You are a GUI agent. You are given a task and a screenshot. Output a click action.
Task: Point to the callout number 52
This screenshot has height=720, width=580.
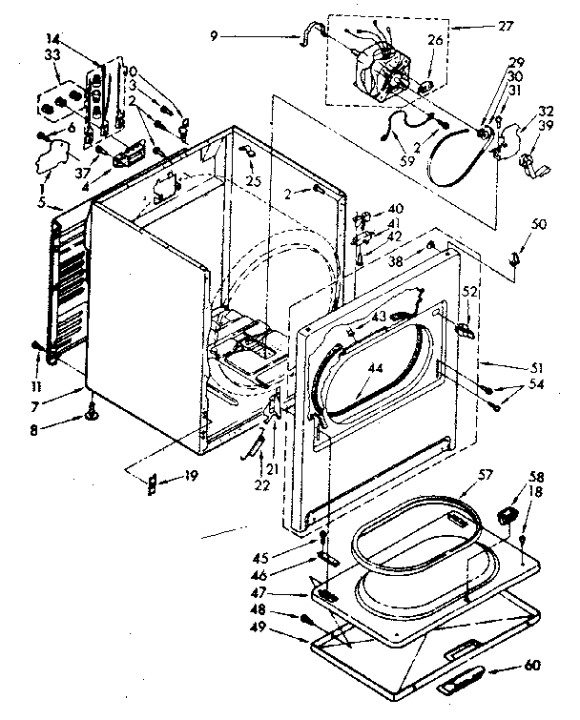tap(469, 290)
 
